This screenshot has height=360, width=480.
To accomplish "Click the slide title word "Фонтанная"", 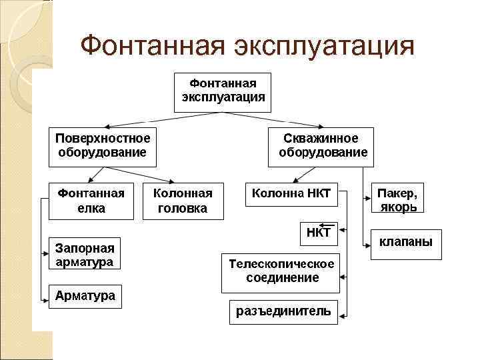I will click(151, 47).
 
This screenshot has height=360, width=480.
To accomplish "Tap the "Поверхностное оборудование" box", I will click(102, 146).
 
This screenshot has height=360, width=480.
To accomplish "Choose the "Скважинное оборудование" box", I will click(321, 146).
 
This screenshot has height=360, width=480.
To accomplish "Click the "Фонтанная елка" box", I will click(91, 200).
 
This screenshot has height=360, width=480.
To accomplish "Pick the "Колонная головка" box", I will click(183, 200).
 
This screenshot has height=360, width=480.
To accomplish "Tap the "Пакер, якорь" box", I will click(397, 199).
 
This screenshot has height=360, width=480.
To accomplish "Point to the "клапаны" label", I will click(405, 241).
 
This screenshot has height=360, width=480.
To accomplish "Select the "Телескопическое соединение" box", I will click(282, 271).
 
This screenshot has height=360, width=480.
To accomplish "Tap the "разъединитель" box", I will click(283, 312).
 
